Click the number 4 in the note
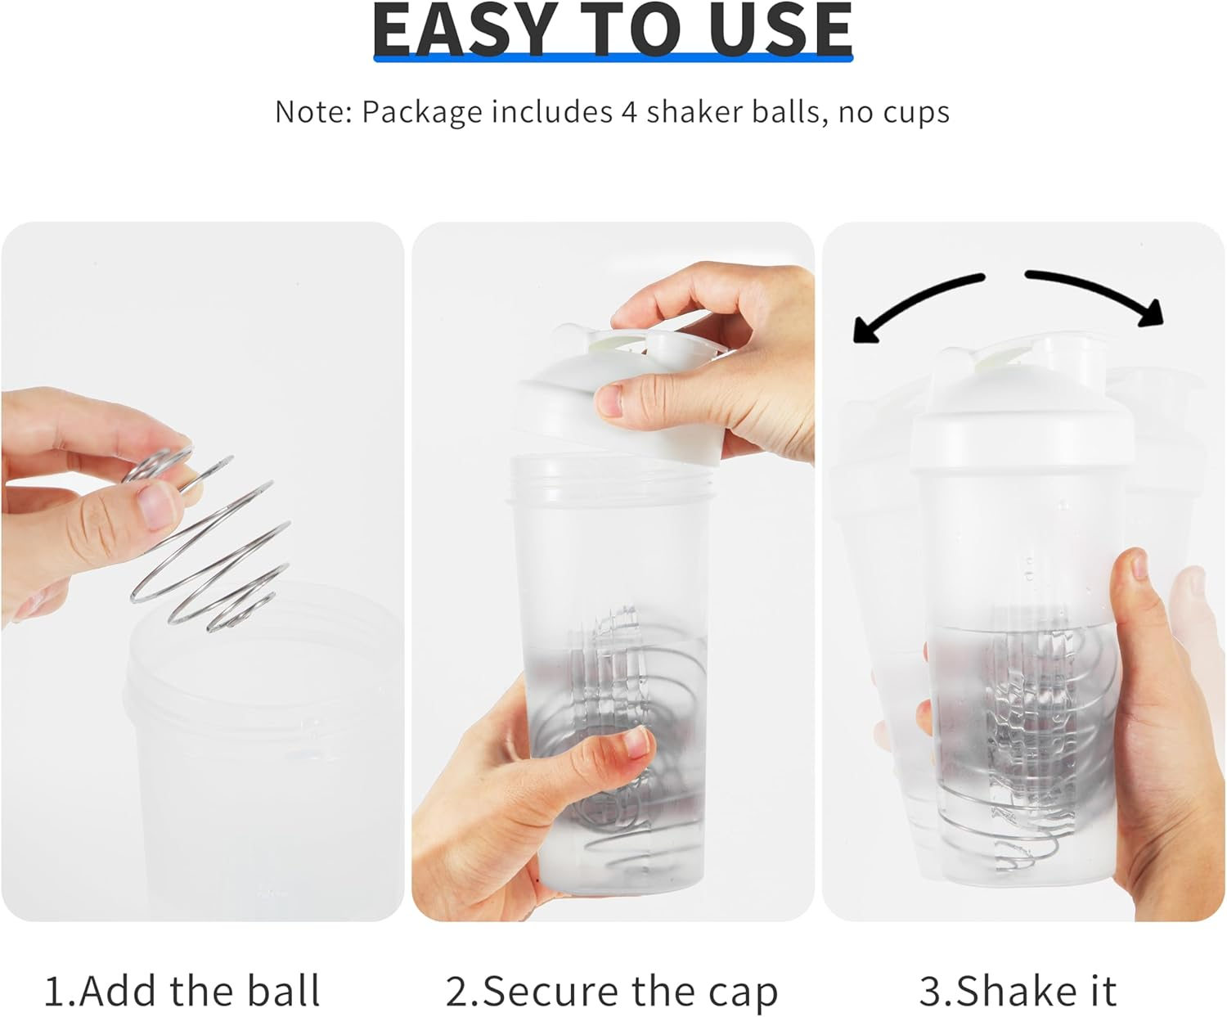[628, 111]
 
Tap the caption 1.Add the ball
[182, 991]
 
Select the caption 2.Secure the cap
[611, 992]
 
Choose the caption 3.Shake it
[1018, 991]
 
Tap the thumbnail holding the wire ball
[155, 503]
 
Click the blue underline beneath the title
[613, 58]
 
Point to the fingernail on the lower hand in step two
[636, 743]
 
